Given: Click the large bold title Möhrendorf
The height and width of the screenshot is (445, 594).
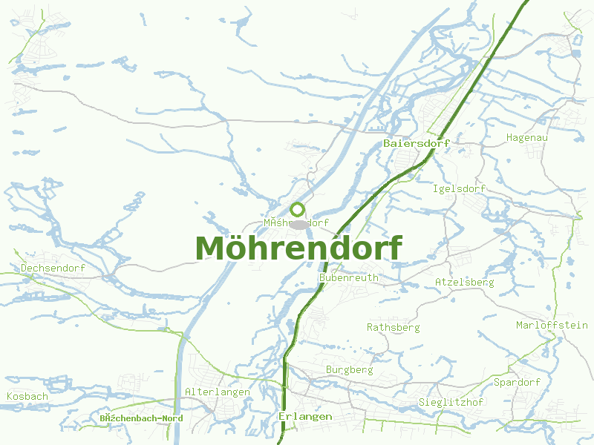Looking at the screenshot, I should pos(298,248).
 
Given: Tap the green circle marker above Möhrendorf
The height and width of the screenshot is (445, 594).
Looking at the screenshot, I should pos(298,209).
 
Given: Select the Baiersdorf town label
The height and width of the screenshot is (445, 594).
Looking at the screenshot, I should pos(417,142).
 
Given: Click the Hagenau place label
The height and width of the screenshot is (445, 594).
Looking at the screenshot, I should pos(526,137).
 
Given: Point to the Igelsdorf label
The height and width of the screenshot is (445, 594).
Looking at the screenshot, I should pos(458,188).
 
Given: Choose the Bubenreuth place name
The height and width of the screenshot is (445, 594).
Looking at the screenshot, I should pos(348,277).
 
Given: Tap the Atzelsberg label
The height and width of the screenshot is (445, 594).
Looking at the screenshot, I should pos(464,283).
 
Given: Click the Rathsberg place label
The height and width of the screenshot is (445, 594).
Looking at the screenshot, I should pos(393,327).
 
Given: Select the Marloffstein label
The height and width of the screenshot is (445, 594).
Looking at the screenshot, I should pos(552,325).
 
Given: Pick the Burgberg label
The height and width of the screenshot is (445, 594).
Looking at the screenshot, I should pos(349,369).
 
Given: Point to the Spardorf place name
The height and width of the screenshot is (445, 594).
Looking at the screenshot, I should pos(517,382).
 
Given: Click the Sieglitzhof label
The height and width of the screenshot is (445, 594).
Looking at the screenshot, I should pos(451,402).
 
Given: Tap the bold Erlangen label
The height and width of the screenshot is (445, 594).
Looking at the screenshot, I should pos(305,417).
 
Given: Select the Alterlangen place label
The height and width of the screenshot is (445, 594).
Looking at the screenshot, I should pos(217,392).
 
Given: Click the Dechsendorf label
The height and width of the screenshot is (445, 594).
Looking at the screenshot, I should pos(53,268).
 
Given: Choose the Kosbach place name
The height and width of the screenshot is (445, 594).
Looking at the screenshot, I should pos(27,396).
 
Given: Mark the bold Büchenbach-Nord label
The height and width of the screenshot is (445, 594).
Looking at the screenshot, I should pos(141,418).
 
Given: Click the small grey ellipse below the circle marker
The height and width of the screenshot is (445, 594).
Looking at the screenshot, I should pos(298,224).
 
